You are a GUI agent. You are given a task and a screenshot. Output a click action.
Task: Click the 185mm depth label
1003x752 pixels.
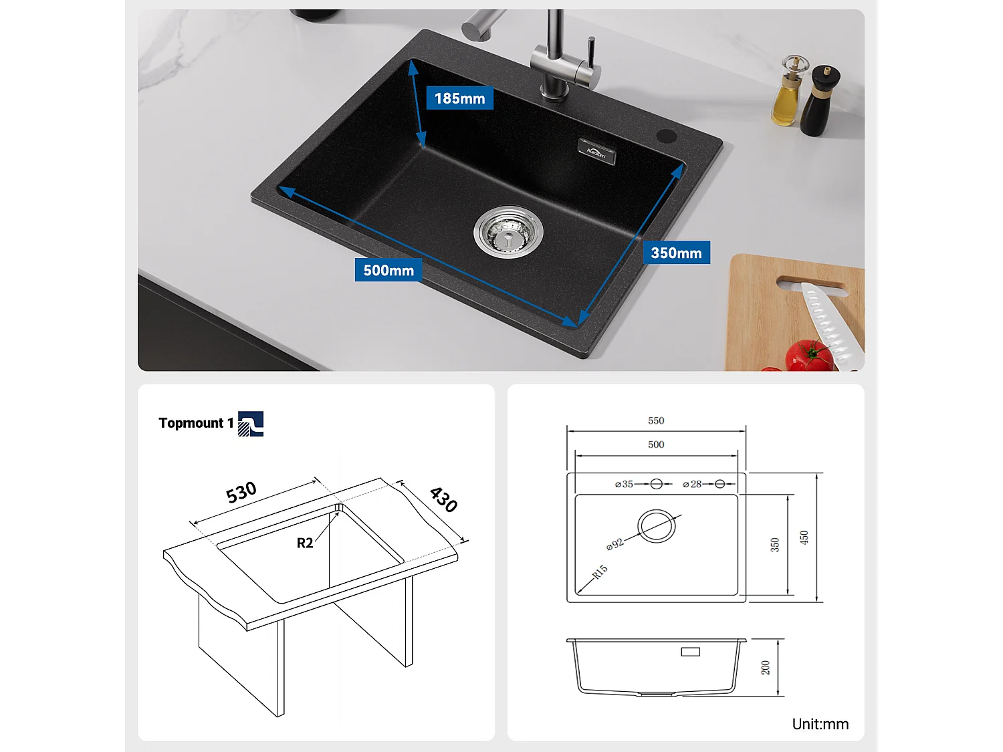[x=459, y=98]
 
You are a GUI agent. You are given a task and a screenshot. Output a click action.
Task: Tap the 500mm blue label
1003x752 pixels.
[x=388, y=270]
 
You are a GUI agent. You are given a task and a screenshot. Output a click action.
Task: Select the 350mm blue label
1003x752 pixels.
[x=676, y=253]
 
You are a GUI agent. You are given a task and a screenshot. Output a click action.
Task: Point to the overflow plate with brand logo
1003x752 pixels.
[x=596, y=152]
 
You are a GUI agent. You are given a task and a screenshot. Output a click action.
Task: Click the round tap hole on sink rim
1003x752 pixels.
[x=666, y=136]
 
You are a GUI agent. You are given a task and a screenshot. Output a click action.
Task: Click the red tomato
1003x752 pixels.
[x=809, y=356]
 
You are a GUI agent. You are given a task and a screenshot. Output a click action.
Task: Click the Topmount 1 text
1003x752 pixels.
[x=196, y=423]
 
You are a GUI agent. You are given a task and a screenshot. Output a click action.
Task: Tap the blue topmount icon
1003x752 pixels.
[x=251, y=424]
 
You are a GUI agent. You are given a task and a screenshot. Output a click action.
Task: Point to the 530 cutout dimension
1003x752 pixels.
[x=241, y=493]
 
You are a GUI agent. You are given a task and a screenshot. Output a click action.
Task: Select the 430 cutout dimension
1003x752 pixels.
[x=443, y=499]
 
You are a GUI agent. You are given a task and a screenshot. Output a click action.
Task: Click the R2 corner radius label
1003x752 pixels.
[x=305, y=543]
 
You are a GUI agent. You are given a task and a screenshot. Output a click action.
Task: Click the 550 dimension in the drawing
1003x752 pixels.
[x=656, y=420]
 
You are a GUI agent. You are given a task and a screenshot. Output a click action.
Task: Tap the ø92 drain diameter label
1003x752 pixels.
[x=615, y=544]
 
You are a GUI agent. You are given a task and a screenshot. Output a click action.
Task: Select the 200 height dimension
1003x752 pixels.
[x=766, y=667]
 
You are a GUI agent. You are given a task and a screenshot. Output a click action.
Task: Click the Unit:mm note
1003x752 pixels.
[x=820, y=724]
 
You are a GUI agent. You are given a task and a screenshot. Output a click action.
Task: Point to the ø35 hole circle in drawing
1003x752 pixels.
[x=657, y=484]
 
